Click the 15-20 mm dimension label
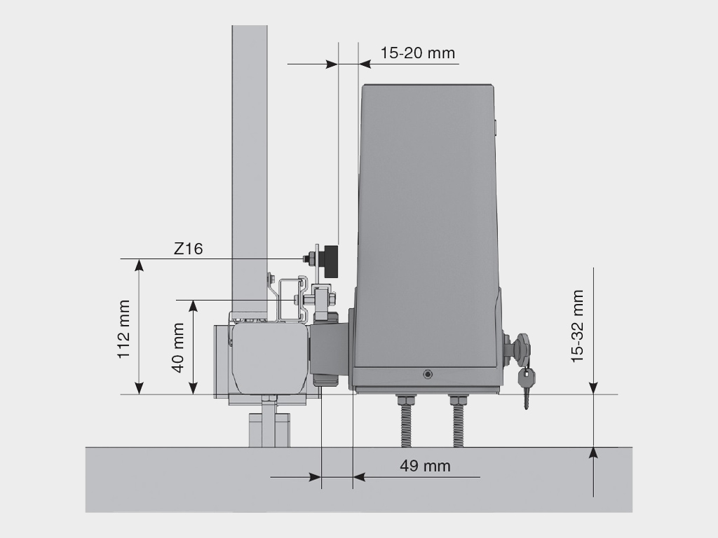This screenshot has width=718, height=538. click(x=417, y=53)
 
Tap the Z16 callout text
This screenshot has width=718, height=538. click(x=188, y=249)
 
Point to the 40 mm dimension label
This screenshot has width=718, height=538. click(x=178, y=347)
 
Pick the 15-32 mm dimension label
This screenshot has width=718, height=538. click(x=577, y=326)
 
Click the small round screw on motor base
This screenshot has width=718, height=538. click(x=428, y=374)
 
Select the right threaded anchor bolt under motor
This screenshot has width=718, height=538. click(x=458, y=420)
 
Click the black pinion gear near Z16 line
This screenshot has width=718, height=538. click(x=329, y=259)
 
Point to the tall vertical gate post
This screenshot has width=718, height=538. click(x=250, y=161)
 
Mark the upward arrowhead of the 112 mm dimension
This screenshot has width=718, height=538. click(x=140, y=265)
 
